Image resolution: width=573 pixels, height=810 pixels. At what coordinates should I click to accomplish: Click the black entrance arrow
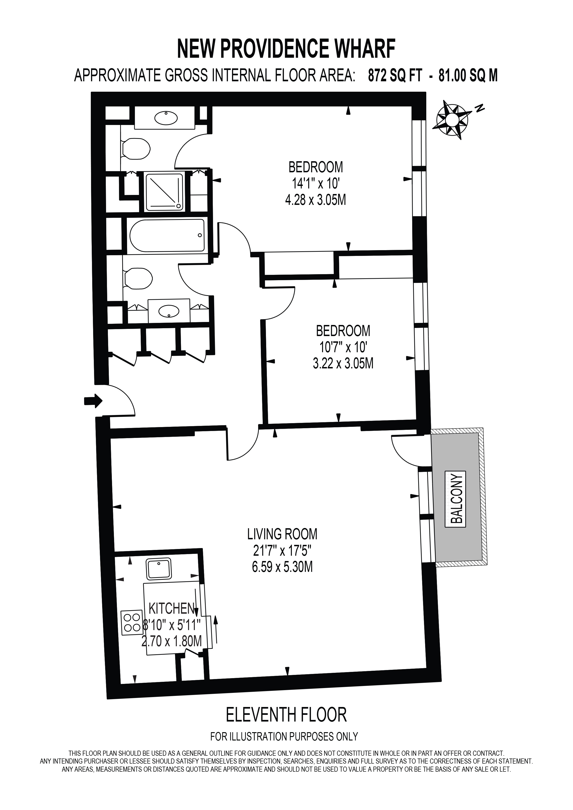pyautogui.click(x=93, y=401)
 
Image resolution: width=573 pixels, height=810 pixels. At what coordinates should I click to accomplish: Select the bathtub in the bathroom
pyautogui.click(x=167, y=235)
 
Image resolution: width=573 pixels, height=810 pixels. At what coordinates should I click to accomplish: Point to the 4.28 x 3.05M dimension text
pyautogui.click(x=315, y=200)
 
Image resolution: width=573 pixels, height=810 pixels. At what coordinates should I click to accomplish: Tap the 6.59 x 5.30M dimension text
pyautogui.click(x=282, y=567)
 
